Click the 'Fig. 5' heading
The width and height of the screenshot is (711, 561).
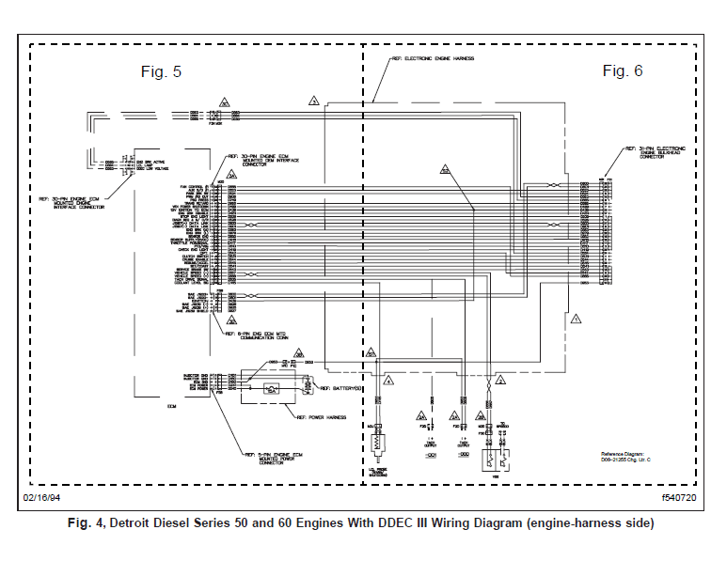[x=161, y=72]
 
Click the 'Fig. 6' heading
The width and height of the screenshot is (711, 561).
[x=622, y=71]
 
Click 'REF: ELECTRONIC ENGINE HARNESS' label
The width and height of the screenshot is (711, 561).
[x=434, y=58]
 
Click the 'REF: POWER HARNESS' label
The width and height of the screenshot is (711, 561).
[x=322, y=416]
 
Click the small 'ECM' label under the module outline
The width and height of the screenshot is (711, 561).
[x=171, y=406]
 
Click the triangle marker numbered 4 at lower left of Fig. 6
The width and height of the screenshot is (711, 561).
[x=388, y=382]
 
